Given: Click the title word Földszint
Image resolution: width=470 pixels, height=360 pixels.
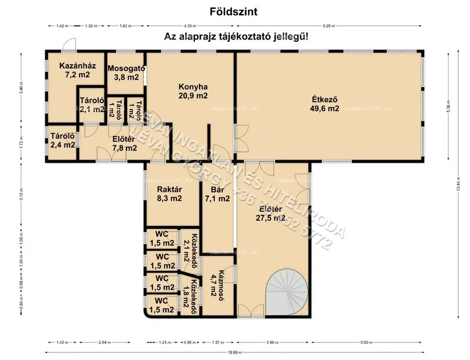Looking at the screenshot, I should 234,10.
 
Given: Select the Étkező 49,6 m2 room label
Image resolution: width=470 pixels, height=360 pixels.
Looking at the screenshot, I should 325,103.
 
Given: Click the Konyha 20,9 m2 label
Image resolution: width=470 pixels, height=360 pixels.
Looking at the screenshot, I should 193,91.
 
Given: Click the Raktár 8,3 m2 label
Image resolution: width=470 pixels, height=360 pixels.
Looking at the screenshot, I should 170,194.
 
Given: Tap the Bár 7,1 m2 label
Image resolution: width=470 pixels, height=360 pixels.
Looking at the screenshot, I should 218,194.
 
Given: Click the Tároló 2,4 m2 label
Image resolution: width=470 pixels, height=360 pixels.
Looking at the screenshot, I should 62,141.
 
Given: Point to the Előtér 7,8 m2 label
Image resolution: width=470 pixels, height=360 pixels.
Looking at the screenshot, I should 124,143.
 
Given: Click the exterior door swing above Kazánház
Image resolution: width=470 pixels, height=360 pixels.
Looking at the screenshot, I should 70,45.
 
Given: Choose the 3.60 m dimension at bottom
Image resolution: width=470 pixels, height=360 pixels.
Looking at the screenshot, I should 273,343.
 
